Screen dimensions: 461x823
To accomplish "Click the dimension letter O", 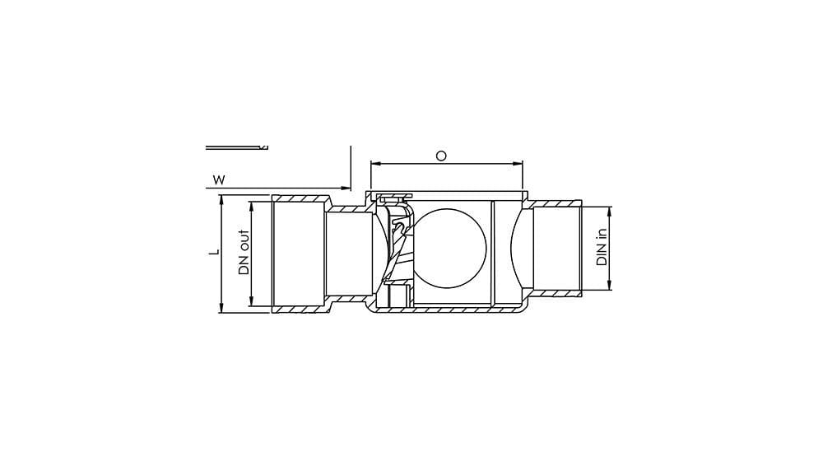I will click(x=441, y=156).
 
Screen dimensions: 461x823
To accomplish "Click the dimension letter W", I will click(x=218, y=179).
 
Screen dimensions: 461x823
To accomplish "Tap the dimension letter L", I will click(x=212, y=253).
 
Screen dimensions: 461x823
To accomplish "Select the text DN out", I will click(x=244, y=252).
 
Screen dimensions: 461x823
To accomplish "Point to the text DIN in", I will click(x=601, y=248).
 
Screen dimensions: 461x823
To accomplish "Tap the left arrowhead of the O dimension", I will click(x=374, y=164).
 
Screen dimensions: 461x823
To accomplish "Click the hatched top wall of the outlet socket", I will click(x=300, y=199).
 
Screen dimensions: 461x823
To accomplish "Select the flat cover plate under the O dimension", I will click(x=449, y=195).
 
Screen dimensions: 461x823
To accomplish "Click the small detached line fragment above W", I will click(x=236, y=147).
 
